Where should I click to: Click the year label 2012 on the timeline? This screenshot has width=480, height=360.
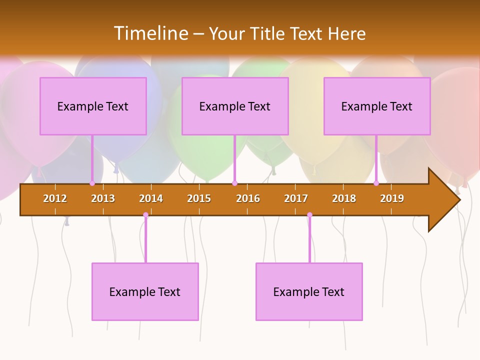click(x=55, y=198)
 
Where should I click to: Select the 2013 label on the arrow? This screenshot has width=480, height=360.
click(x=103, y=198)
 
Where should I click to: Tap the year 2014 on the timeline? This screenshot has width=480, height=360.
click(x=151, y=198)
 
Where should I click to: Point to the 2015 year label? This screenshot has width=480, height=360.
click(x=199, y=198)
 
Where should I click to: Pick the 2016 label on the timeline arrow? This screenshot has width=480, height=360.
click(x=248, y=198)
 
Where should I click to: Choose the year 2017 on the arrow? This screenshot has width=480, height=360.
click(x=296, y=198)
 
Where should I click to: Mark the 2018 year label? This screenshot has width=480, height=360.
click(x=344, y=198)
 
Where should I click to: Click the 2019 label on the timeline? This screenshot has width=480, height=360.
click(x=392, y=198)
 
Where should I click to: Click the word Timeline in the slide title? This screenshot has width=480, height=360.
click(x=150, y=33)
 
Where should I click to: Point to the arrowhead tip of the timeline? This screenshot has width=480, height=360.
click(x=459, y=200)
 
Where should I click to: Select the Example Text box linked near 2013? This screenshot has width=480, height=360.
click(x=93, y=106)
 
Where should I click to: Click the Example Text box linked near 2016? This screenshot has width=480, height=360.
click(x=235, y=106)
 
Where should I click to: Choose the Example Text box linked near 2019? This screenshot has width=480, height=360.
click(x=377, y=106)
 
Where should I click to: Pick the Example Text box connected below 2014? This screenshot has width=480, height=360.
click(x=145, y=291)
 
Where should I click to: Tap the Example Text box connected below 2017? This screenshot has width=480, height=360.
click(x=309, y=291)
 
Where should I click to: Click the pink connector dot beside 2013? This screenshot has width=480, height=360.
click(x=92, y=183)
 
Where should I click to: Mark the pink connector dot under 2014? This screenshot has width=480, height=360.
click(x=145, y=215)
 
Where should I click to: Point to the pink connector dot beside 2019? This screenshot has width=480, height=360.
click(x=376, y=183)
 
